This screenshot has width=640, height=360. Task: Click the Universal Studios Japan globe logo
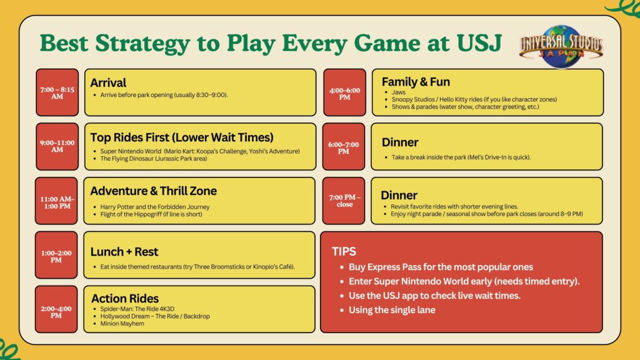coord(561,46)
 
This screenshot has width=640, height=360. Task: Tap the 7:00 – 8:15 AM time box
coord(57,92)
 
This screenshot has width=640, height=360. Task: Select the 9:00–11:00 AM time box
coord(57,146)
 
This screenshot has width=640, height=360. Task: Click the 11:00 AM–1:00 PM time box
coord(56,201)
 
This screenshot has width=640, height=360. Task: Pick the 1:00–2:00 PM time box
coord(56,255)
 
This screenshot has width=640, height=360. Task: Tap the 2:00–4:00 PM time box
coord(56,309)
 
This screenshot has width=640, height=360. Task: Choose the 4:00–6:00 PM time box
coord(344,92)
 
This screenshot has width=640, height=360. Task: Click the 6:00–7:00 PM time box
coord(344,146)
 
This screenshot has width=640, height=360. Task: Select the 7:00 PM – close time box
coord(344,201)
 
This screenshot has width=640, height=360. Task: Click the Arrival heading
coord(108,83)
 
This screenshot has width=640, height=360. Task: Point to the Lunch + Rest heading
coord(124,252)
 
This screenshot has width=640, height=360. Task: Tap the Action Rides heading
coord(125,298)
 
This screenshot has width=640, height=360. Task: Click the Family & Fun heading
coord(416,82)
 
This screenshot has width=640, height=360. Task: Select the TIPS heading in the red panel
coord(344,251)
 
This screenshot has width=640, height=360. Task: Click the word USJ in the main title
coord(479,43)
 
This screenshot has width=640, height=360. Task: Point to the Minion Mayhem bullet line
coord(122,324)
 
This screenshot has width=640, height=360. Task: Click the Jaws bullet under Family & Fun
coord(398,92)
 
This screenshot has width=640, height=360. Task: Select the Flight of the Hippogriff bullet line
coord(151,214)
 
